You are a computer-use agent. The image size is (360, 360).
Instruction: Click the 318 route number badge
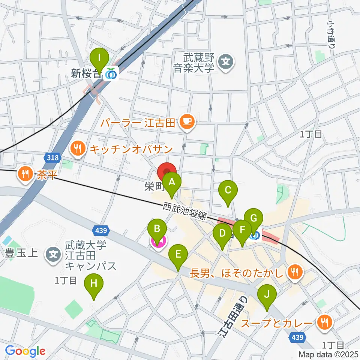53,157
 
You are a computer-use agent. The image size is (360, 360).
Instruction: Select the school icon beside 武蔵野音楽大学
226,60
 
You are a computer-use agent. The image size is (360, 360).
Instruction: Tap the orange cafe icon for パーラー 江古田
186,121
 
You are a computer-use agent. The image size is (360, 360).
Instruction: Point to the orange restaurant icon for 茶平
25,174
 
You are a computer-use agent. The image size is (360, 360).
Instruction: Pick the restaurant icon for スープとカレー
323,322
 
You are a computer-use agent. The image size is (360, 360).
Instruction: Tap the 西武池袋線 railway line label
185,211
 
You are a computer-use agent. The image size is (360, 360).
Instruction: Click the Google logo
25,351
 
